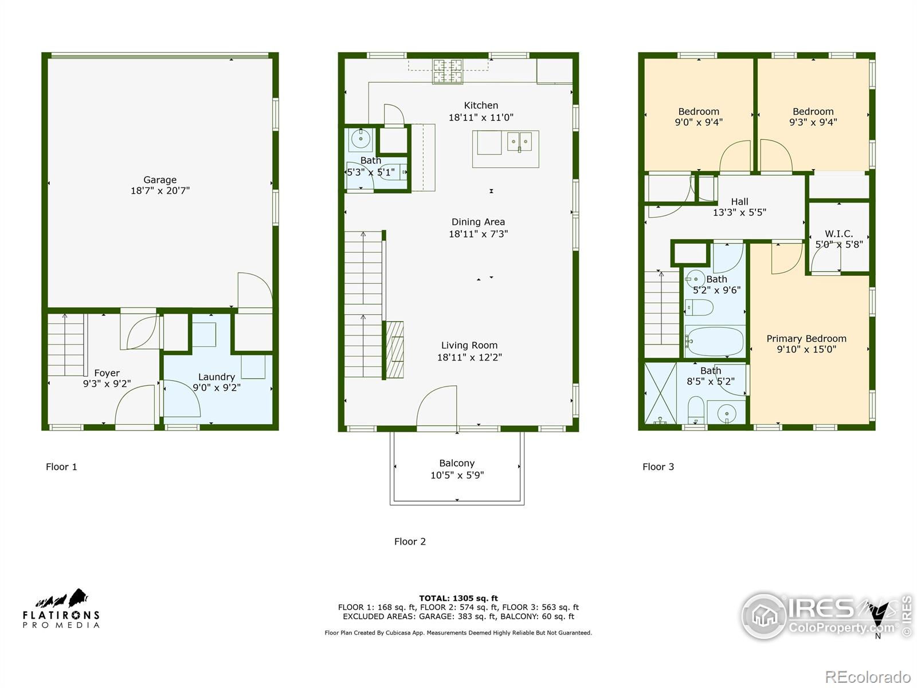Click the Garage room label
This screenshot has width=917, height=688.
[160, 179]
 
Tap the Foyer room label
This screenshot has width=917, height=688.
[107, 373]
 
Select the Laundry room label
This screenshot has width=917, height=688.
[217, 377]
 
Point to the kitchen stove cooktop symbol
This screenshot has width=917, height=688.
[448, 72]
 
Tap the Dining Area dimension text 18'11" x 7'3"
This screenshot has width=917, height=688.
[479, 234]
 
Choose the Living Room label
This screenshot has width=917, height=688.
[469, 346]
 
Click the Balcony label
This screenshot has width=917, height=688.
[457, 463]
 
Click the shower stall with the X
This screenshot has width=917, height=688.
[660, 393]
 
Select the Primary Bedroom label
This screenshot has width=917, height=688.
[806, 338]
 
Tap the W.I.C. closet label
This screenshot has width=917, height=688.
[839, 234]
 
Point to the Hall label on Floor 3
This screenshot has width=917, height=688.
[739, 202]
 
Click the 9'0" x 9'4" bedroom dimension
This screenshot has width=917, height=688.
[699, 122]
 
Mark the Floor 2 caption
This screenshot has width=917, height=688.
[410, 541]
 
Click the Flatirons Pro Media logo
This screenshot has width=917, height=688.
[61, 608]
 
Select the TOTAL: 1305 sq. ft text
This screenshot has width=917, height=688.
[458, 598]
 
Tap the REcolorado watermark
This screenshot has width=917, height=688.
[868, 677]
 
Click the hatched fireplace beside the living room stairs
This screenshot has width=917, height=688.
[395, 350]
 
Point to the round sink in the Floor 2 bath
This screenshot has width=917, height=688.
[360, 139]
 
